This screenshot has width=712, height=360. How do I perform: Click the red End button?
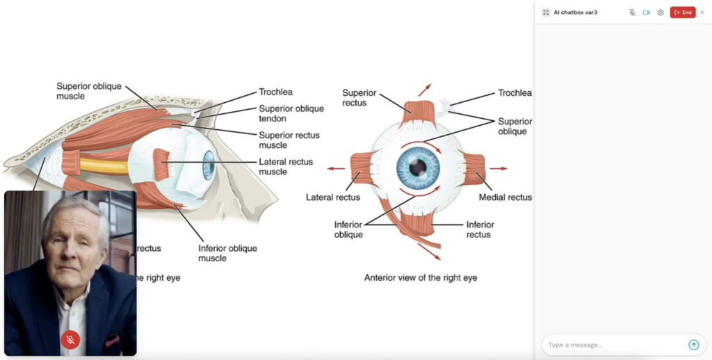[682, 13]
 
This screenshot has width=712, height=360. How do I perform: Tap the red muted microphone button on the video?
[70, 339]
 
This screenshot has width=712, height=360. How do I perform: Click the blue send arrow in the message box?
[693, 345]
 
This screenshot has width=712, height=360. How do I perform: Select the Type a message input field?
[612, 345]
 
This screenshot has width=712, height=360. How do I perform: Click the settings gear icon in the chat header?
[661, 13]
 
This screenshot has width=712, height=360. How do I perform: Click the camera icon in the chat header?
[646, 13]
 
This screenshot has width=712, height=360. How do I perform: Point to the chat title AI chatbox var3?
[575, 13]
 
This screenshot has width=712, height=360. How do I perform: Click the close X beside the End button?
[702, 13]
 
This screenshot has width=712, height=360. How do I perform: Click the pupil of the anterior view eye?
[418, 167]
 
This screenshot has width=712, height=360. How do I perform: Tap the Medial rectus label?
[505, 197]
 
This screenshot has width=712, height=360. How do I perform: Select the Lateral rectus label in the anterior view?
[333, 197]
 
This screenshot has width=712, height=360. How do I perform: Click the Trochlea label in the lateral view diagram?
[275, 92]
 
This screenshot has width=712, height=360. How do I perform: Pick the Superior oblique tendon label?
[291, 113]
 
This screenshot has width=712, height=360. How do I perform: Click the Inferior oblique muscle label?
[227, 253]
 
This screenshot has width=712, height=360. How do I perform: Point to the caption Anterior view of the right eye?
[421, 277]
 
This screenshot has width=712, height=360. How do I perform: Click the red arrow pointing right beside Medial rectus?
[499, 168]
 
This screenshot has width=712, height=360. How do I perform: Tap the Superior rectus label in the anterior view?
[359, 98]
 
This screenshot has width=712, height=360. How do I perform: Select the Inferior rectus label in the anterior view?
[480, 229]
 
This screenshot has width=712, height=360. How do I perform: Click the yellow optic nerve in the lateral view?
[104, 165]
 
